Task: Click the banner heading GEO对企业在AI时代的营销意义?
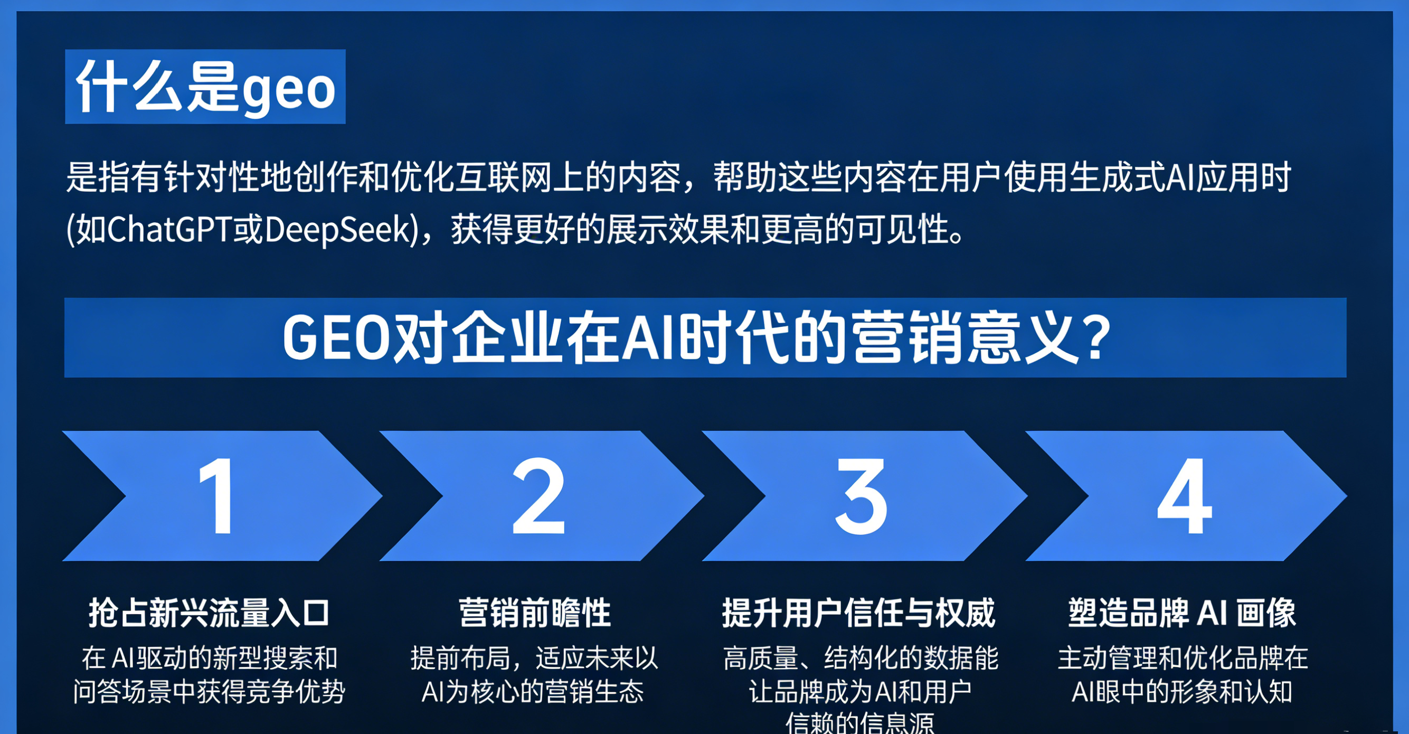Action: [696, 338]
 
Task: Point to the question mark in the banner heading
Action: [1095, 338]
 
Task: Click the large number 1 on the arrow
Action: [218, 496]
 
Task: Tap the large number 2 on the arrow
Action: [538, 496]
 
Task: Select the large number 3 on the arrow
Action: [861, 496]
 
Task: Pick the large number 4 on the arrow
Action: [1185, 496]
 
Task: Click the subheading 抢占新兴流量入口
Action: [209, 613]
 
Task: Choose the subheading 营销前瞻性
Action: [535, 613]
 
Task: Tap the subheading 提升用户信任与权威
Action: [859, 613]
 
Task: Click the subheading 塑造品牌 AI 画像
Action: [1183, 613]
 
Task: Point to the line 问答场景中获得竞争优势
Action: [209, 692]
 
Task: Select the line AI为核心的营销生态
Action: [533, 692]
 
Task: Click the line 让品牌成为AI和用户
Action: [860, 692]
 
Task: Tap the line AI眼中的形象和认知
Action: [1183, 692]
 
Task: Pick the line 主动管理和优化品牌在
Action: [1183, 658]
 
